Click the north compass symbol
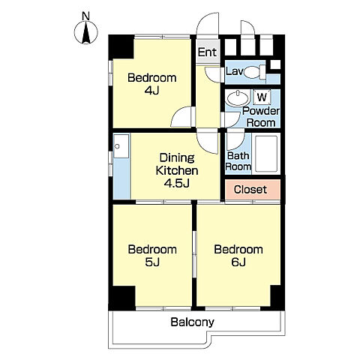(x=86, y=32)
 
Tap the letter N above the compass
(x=85, y=16)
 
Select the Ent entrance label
(x=207, y=52)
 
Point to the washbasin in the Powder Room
(x=237, y=98)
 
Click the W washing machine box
(x=262, y=97)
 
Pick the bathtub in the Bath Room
(x=266, y=154)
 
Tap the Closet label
(x=250, y=190)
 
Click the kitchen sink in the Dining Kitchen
(x=121, y=146)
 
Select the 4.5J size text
(x=176, y=184)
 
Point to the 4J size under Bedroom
(x=151, y=91)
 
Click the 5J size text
(x=152, y=262)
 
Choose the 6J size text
(x=238, y=262)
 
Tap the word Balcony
(x=192, y=322)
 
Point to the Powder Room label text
(x=261, y=117)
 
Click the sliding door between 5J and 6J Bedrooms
(x=194, y=254)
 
